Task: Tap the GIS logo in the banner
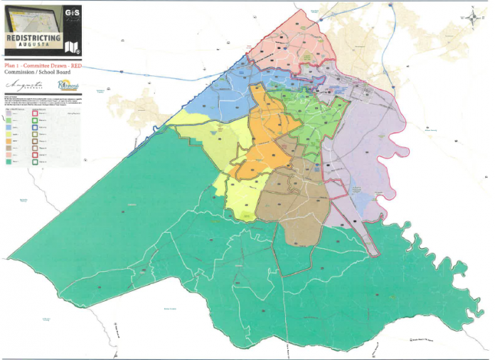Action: pos(71,14)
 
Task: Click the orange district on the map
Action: pos(265,135)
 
